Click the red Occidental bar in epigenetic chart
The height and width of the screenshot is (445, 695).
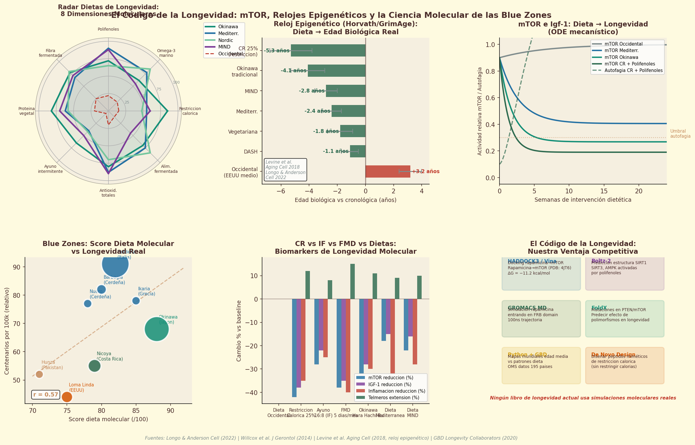[x=387, y=172]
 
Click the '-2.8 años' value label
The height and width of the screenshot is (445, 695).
[x=311, y=91]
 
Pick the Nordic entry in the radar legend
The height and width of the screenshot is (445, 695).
[x=226, y=40]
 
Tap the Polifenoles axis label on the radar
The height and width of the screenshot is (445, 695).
[x=108, y=29]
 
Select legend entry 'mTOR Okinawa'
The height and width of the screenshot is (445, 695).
[x=621, y=57]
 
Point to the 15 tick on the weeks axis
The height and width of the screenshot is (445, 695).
[x=604, y=191]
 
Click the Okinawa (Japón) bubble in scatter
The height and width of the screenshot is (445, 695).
[x=157, y=329]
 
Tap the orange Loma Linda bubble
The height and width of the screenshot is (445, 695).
[x=67, y=397]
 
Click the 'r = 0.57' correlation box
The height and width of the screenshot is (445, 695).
[x=45, y=395]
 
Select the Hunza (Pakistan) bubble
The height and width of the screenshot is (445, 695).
[x=39, y=374]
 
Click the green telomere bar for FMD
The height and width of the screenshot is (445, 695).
[x=352, y=281]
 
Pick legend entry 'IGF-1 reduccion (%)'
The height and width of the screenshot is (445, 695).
[x=390, y=385]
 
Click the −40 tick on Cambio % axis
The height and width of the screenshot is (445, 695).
[x=251, y=393]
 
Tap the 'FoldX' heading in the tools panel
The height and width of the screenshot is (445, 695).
[x=599, y=308]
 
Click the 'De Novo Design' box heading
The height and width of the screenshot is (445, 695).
[x=613, y=355]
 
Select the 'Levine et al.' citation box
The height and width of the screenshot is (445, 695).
[x=285, y=170]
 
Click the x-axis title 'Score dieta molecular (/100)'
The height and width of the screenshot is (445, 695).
[x=108, y=419]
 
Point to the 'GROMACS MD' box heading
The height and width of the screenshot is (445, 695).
[x=527, y=308]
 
